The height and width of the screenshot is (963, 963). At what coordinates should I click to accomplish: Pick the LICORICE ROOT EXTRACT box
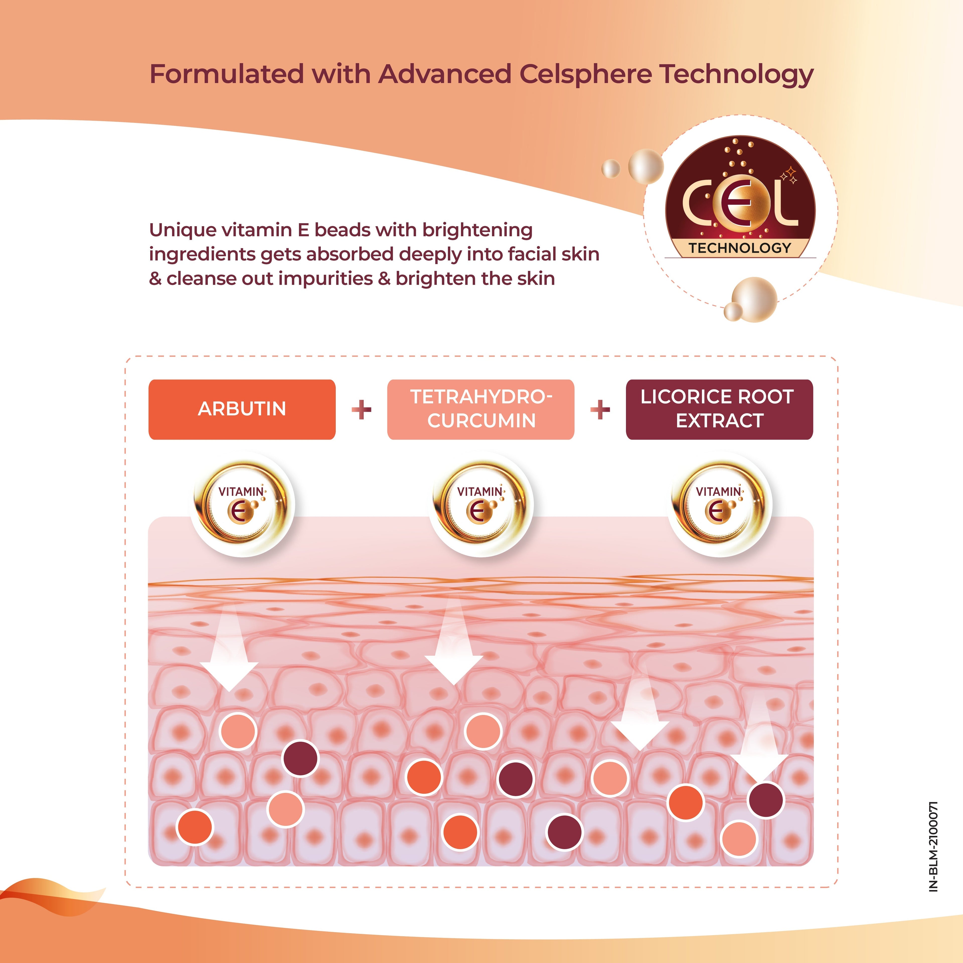pyautogui.click(x=719, y=409)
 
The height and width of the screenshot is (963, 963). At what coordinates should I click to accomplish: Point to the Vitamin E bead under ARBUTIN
pyautogui.click(x=243, y=504)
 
